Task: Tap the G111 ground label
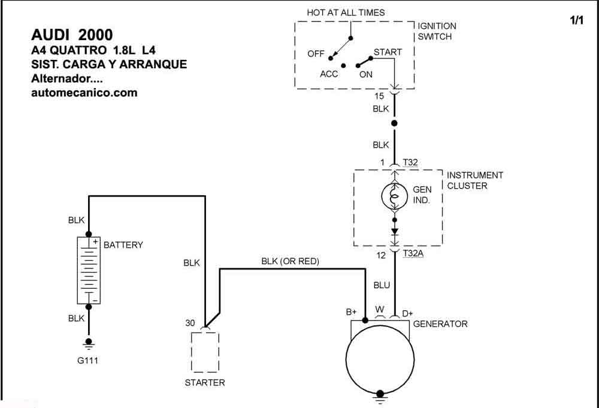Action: click(88, 360)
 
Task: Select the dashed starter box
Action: click(205, 352)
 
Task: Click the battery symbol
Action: click(89, 270)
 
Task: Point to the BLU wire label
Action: click(382, 285)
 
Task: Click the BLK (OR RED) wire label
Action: click(291, 261)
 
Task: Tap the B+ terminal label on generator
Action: click(351, 312)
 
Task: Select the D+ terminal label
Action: click(407, 314)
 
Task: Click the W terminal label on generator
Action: click(380, 309)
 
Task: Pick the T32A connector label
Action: click(413, 253)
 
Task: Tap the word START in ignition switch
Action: click(388, 52)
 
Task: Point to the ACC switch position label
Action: click(329, 74)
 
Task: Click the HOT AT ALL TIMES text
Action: click(346, 13)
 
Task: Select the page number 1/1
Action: click(577, 20)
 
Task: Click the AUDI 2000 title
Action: click(72, 35)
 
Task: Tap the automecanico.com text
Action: click(84, 93)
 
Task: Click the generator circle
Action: click(380, 359)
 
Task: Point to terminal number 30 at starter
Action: click(190, 323)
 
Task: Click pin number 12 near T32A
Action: click(381, 256)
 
